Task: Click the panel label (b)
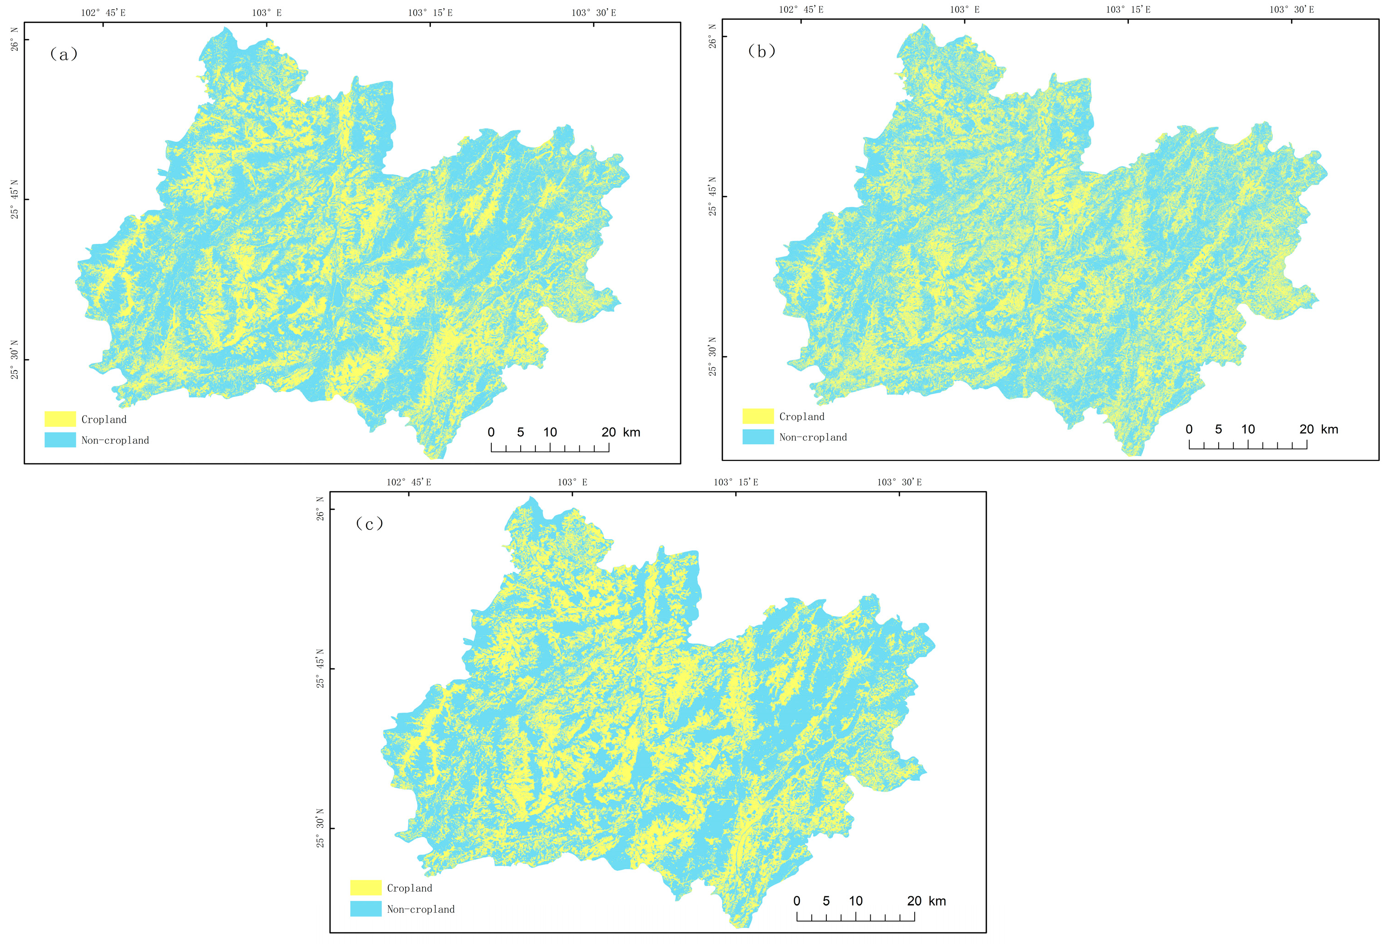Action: pyautogui.click(x=761, y=51)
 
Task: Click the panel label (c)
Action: pyautogui.click(x=369, y=524)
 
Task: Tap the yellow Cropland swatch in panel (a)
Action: pyautogui.click(x=60, y=419)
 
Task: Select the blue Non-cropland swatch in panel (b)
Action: pyautogui.click(x=758, y=437)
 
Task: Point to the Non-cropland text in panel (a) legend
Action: pyautogui.click(x=115, y=440)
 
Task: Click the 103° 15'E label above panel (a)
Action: pyautogui.click(x=430, y=12)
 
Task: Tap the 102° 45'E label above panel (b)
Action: pyautogui.click(x=801, y=10)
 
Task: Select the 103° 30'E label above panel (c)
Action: pyautogui.click(x=899, y=482)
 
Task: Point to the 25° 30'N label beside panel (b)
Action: pyautogui.click(x=712, y=357)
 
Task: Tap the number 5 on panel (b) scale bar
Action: pyautogui.click(x=1218, y=430)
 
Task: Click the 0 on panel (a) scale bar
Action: pyautogui.click(x=491, y=432)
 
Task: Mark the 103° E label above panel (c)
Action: pyautogui.click(x=572, y=482)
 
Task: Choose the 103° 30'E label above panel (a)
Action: pyautogui.click(x=593, y=12)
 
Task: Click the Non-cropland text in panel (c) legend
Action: pyautogui.click(x=420, y=909)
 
